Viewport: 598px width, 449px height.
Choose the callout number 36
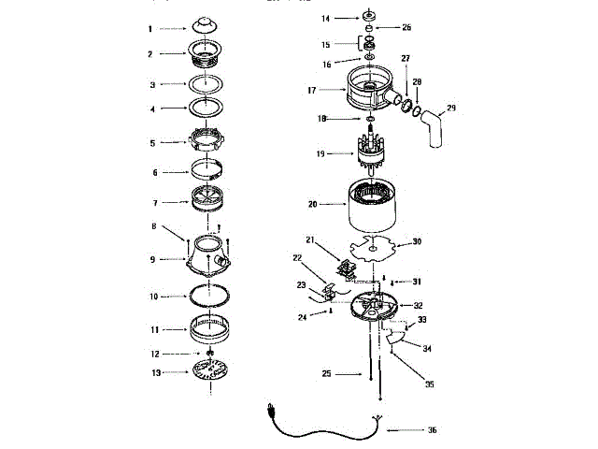(x=432, y=431)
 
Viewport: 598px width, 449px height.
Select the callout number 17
(x=313, y=90)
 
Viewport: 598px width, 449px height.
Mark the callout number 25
(x=325, y=374)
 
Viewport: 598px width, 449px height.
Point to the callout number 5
(x=152, y=143)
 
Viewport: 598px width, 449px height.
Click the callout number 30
(x=418, y=242)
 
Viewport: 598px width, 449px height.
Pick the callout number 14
(x=326, y=18)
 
